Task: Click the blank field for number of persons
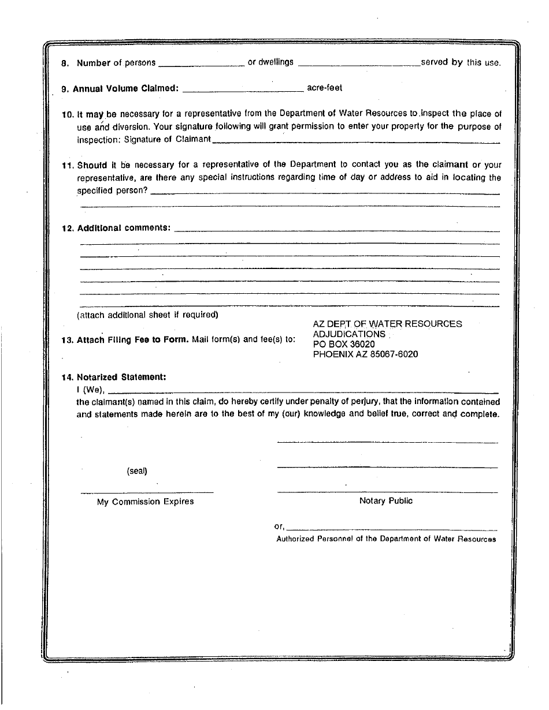201,63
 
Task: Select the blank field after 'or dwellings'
359,63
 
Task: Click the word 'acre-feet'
324,88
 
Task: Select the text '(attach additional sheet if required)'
147,315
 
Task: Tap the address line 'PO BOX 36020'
344,344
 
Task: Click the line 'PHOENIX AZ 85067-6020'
365,354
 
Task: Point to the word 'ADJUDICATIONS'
349,334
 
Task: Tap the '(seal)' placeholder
137,471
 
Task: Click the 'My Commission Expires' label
145,502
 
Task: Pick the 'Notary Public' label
386,501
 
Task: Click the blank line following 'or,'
392,528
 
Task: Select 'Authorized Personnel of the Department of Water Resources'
386,539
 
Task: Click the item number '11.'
68,166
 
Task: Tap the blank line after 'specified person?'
325,192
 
